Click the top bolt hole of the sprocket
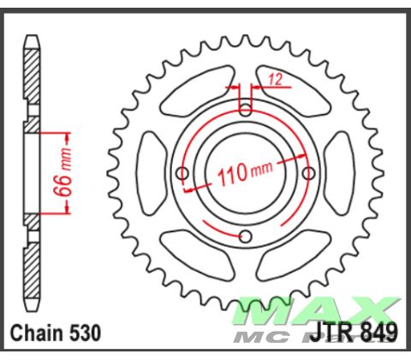246,109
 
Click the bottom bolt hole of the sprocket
246,237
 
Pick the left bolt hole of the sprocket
182,174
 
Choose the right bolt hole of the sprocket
310,174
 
